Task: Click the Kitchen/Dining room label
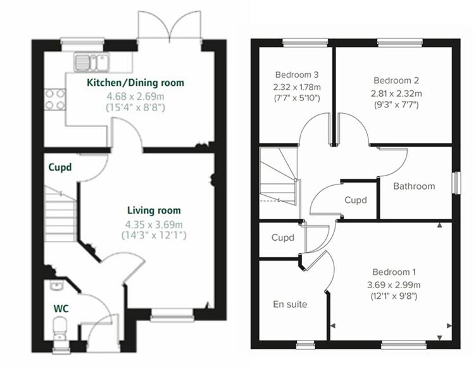point(135,83)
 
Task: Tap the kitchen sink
point(92,61)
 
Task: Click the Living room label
point(154,210)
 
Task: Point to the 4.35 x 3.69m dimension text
point(154,223)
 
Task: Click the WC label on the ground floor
point(61,309)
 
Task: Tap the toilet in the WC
point(59,327)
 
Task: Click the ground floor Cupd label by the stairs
point(61,167)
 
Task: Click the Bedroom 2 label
point(396,80)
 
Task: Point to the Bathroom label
point(414,186)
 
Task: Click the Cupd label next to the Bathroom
point(355,200)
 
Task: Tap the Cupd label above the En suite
point(282,239)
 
